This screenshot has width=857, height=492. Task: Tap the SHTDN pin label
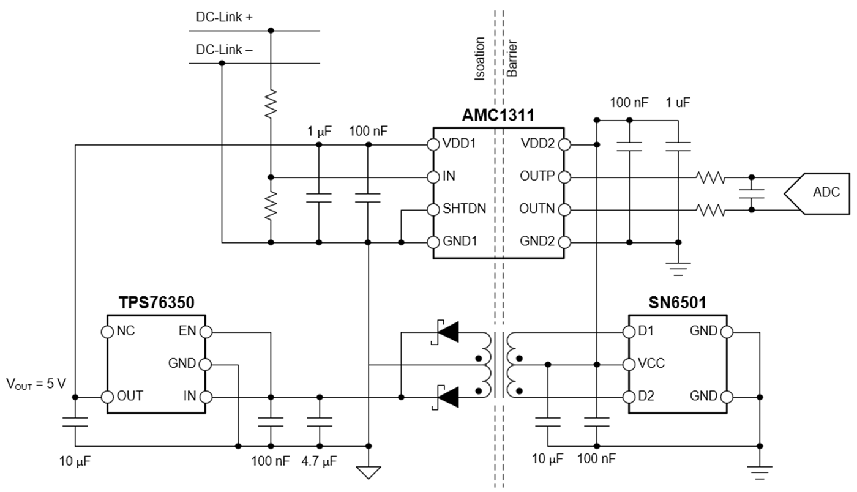(464, 209)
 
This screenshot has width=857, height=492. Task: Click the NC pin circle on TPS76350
(107, 332)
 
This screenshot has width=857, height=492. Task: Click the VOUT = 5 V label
(36, 384)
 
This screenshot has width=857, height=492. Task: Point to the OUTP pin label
(537, 177)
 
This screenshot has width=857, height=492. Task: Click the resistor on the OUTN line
(710, 210)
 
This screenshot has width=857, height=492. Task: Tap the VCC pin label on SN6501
(651, 364)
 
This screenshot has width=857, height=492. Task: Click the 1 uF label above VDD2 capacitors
(678, 103)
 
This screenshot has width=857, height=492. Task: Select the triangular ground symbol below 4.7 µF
(368, 472)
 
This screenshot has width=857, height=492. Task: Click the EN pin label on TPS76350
(187, 332)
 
